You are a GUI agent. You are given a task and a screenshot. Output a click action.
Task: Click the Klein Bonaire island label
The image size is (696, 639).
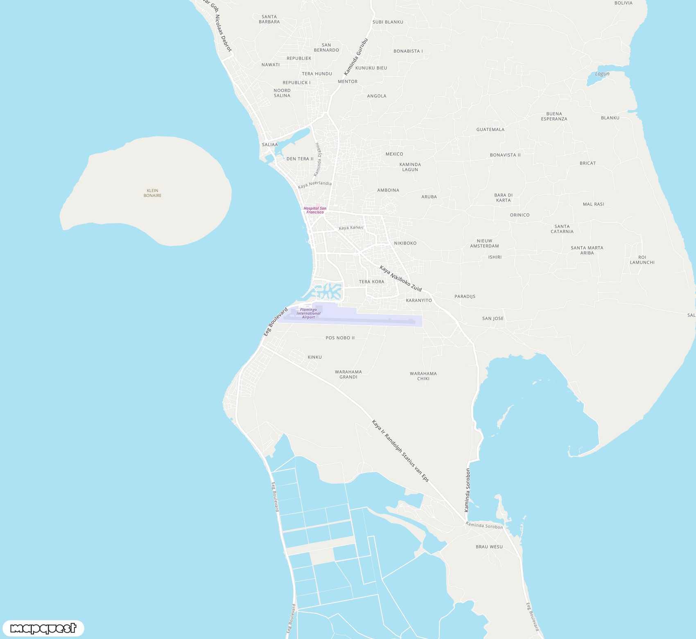coord(152,193)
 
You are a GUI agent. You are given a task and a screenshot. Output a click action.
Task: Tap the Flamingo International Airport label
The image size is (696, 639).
coord(308,313)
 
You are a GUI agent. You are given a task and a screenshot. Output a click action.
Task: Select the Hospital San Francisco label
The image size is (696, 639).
coord(315,210)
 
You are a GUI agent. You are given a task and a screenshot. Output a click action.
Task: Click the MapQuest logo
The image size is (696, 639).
coord(43,628)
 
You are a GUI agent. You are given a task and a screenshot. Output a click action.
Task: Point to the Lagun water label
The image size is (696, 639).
coord(602,74)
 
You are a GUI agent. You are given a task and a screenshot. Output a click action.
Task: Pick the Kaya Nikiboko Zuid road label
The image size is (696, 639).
coord(400,278)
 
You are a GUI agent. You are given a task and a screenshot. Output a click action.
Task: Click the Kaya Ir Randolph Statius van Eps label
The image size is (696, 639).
coord(400,450)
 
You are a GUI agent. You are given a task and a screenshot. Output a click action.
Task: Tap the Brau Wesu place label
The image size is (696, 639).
coord(489,547)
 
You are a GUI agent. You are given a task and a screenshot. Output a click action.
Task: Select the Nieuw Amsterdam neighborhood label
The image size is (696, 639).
coord(484,243)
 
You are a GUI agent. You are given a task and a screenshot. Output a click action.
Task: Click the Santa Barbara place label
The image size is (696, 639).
coord(269,19)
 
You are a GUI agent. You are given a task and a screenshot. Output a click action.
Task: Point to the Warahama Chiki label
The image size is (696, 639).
coord(423,376)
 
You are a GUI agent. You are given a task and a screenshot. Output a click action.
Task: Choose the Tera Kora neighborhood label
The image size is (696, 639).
coord(371,282)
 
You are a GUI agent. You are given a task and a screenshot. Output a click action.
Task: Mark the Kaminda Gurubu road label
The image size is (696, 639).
coord(356,57)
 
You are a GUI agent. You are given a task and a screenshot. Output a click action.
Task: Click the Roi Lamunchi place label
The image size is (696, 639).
coord(642,260)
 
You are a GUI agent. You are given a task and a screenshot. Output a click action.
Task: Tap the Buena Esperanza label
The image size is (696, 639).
coord(554,116)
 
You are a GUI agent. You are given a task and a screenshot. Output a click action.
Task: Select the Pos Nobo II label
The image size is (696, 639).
coord(340,338)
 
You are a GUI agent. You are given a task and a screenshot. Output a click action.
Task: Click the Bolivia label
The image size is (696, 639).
coord(623,3)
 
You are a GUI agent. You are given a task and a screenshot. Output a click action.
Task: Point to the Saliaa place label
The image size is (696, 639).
coord(270,145)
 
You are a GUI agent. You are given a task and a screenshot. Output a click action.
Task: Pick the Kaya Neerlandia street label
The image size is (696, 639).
coord(314,185)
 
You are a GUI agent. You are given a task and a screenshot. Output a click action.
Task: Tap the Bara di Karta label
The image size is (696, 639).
coord(503,198)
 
